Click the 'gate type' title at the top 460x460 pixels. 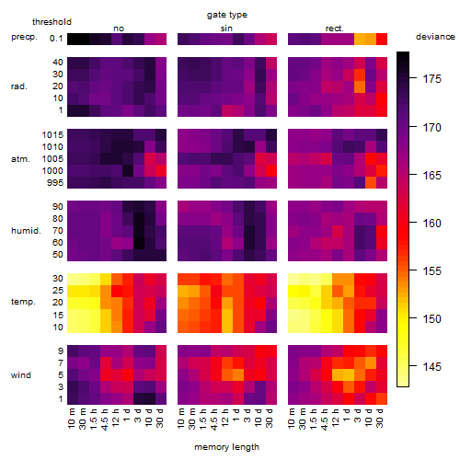tap(227, 15)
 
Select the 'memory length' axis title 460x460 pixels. tap(226, 447)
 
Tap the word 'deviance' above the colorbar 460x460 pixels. tap(435, 37)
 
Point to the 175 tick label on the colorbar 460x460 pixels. tap(431, 79)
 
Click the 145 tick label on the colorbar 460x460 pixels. tap(431, 366)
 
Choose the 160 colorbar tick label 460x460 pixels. tap(431, 223)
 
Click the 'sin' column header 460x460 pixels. tap(226, 29)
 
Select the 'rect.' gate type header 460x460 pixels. tap(334, 29)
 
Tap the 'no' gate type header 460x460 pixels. tap(119, 29)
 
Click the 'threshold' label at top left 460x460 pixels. tap(52, 22)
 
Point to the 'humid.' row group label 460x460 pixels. tap(26, 230)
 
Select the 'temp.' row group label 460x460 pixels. tap(23, 302)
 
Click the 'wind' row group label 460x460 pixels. tap(21, 375)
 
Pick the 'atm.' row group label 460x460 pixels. tap(20, 159)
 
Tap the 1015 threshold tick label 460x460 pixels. tap(52, 135)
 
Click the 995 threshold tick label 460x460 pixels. tap(55, 183)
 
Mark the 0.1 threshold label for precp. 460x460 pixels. tap(56, 39)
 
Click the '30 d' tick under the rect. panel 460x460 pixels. tap(380, 418)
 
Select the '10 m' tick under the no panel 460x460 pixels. tap(71, 419)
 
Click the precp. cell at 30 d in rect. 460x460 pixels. tap(382, 39)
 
